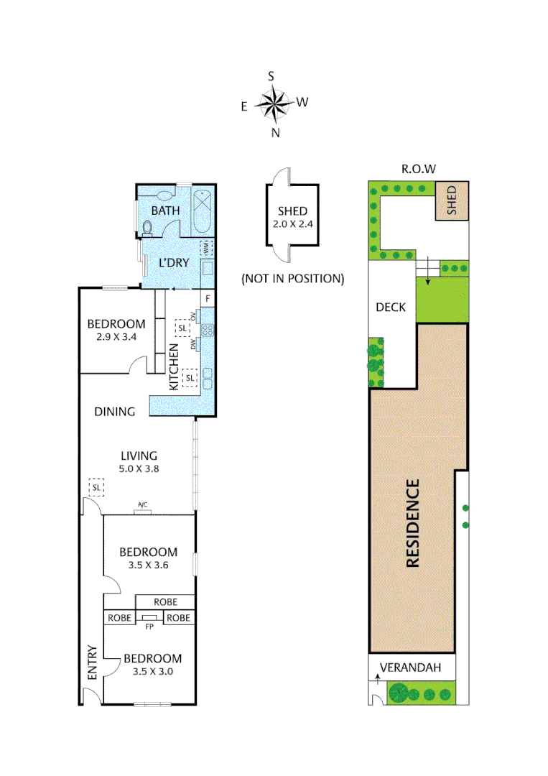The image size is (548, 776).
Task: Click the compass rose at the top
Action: click(273, 104)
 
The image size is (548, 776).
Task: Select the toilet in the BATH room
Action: click(148, 228)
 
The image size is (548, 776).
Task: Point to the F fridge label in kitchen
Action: click(208, 298)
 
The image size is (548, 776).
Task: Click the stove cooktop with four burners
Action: click(208, 331)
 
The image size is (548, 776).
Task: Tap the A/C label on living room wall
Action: click(142, 506)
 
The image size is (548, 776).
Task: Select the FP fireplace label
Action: click(149, 626)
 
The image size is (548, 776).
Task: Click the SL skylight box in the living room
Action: click(96, 487)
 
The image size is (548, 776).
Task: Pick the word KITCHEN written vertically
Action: click(173, 366)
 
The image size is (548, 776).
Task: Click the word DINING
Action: click(115, 412)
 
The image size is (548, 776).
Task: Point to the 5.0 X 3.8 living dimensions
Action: click(139, 468)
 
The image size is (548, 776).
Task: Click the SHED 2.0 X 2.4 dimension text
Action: click(292, 223)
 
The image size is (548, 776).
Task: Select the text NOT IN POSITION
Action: click(292, 278)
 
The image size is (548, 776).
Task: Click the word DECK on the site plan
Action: click(391, 307)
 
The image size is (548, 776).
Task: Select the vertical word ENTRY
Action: click(91, 662)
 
